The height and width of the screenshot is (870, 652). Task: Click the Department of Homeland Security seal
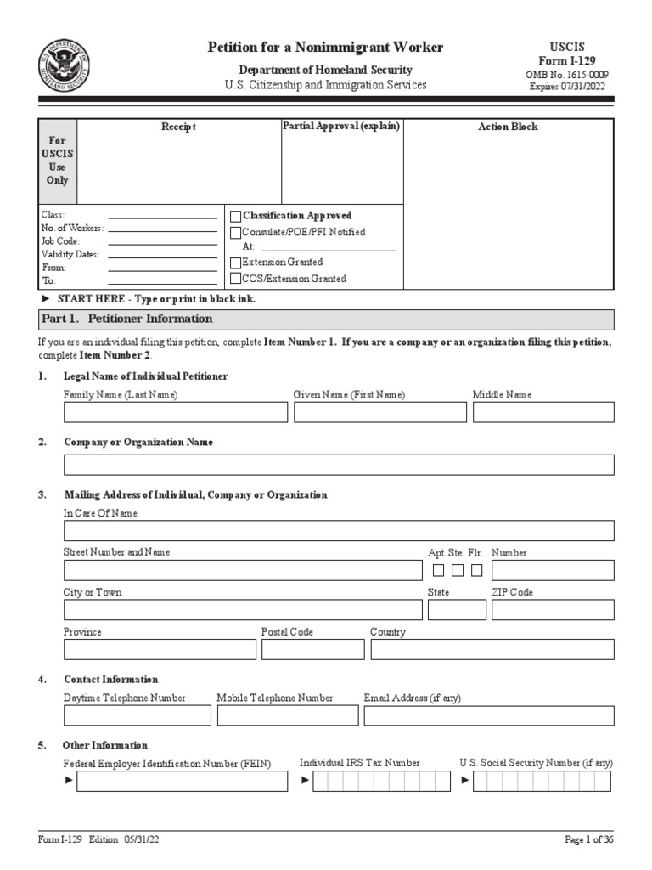click(x=64, y=65)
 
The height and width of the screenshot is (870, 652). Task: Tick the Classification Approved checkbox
click(x=236, y=216)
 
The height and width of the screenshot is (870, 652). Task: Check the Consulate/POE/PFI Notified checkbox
click(x=236, y=232)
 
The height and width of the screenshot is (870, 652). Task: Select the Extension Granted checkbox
click(x=236, y=263)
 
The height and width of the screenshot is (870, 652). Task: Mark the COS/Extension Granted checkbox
click(x=236, y=279)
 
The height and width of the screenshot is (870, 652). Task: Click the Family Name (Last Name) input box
click(x=176, y=412)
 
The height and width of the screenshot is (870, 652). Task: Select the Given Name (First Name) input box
click(x=379, y=412)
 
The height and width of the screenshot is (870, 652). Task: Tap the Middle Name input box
click(x=543, y=412)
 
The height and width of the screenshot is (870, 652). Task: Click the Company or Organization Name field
click(x=339, y=465)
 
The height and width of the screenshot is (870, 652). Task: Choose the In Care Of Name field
click(x=339, y=531)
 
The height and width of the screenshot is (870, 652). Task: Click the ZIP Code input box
click(x=553, y=610)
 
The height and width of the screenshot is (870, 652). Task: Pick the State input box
click(x=457, y=610)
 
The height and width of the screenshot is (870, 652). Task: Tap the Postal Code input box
click(x=312, y=650)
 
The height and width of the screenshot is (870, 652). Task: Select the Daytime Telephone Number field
click(x=138, y=715)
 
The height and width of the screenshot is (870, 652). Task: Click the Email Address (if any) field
click(x=489, y=715)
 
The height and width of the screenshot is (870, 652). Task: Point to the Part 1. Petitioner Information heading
click(x=127, y=319)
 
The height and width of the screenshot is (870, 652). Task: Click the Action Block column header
click(x=508, y=127)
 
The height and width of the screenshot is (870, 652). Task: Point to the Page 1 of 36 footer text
click(x=589, y=839)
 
